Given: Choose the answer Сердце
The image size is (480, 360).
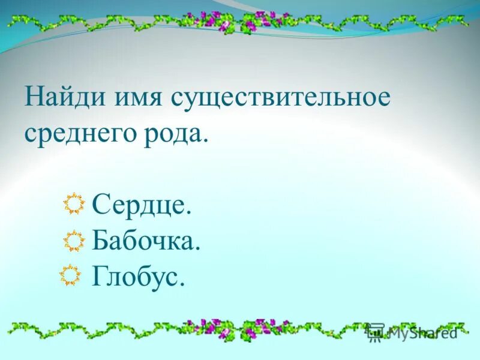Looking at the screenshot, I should (142, 206).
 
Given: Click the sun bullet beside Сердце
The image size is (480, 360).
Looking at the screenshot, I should (74, 205).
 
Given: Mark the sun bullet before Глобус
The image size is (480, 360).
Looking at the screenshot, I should (70, 275).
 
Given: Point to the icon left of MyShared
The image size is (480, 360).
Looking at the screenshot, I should (376, 332).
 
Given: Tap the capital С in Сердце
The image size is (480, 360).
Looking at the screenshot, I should (101, 206).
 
